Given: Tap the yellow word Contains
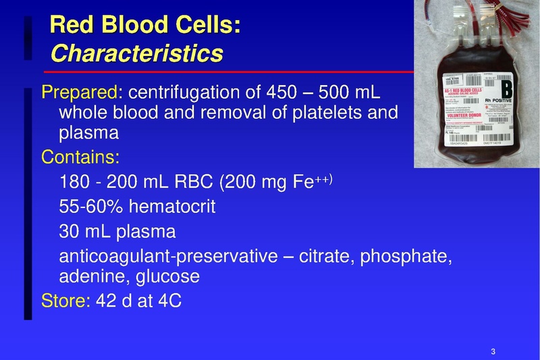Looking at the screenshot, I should click(79, 157).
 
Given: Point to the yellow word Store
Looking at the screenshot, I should click(64, 300).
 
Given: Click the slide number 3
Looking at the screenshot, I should click(493, 351).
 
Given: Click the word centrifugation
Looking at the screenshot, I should click(192, 92).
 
